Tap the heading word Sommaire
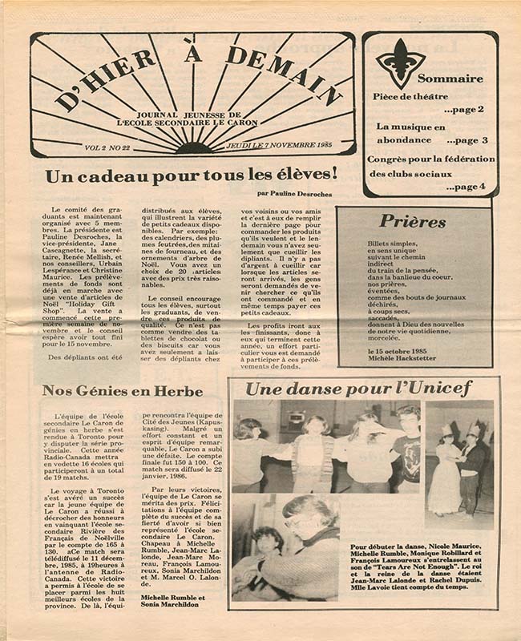450,79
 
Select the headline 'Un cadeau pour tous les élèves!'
191,175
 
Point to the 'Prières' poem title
413,221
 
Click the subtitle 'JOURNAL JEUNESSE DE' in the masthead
193,113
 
